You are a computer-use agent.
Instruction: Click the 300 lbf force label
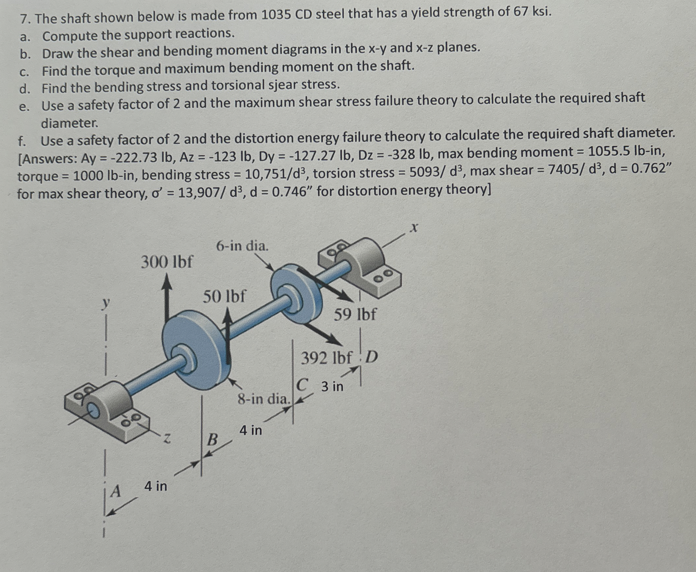[167, 262]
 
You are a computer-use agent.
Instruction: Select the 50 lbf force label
[224, 297]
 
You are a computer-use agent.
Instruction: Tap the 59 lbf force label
[355, 314]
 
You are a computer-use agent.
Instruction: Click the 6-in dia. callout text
[242, 246]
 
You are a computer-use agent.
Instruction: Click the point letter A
[116, 491]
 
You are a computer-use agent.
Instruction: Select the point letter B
[213, 439]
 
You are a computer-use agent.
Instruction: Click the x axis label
[414, 227]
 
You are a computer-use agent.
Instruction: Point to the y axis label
[105, 303]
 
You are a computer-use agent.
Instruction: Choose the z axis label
[167, 438]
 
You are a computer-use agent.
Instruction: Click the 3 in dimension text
[332, 386]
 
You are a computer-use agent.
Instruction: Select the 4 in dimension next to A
[156, 486]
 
